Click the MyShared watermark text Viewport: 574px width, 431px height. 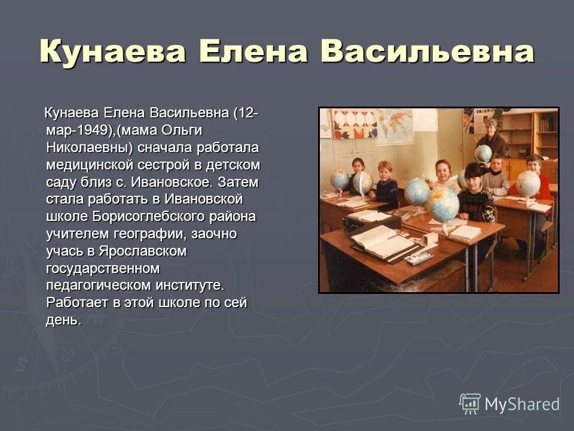click(x=522, y=405)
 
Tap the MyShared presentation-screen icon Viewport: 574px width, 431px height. click(x=470, y=404)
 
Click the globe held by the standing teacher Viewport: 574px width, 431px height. click(x=483, y=154)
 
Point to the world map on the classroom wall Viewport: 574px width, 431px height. click(x=394, y=125)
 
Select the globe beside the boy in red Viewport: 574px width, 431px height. click(x=528, y=183)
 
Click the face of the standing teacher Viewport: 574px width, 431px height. click(x=491, y=127)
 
